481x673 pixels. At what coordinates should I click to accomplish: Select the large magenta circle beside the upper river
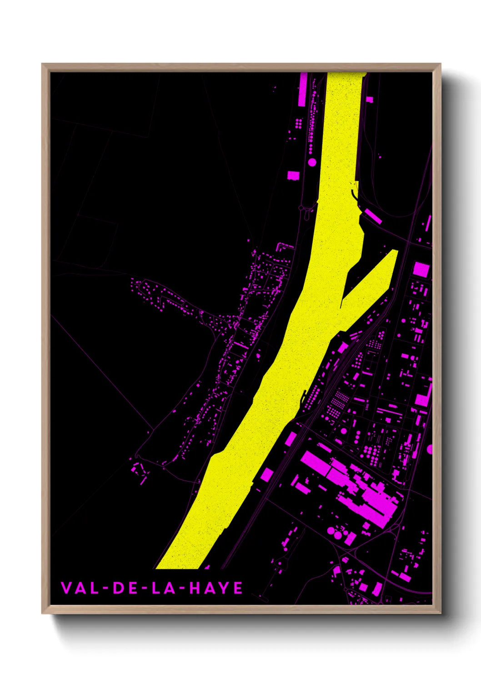pos(312,162)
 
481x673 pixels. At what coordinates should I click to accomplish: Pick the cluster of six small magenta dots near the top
pos(299,123)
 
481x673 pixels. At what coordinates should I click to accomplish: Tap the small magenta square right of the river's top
pos(369,99)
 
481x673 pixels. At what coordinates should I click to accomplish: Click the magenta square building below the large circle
pos(293,175)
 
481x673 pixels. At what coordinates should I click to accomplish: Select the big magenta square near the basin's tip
pos(421,269)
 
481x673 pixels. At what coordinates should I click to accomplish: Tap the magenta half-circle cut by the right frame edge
pos(430,449)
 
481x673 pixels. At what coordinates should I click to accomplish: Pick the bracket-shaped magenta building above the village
pos(285,246)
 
